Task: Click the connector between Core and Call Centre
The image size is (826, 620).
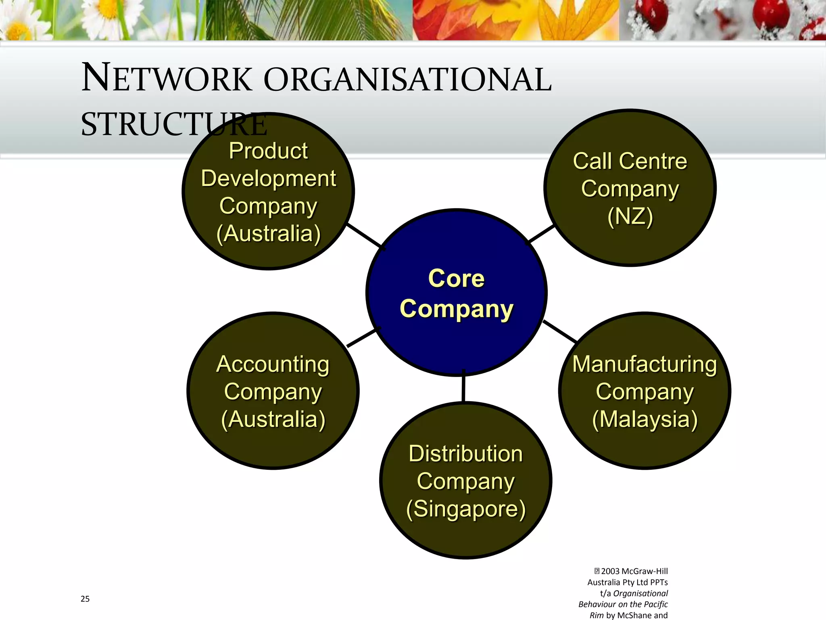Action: click(x=541, y=233)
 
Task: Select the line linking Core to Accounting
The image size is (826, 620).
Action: click(x=362, y=338)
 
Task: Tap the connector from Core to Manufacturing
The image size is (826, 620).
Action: click(x=560, y=331)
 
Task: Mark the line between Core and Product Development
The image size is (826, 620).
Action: click(x=364, y=235)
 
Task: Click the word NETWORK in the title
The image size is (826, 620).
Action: click(x=167, y=79)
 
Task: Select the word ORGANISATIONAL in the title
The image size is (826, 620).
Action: click(x=407, y=80)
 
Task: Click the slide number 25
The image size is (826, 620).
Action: click(x=85, y=599)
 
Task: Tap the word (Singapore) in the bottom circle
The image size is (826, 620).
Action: click(x=466, y=509)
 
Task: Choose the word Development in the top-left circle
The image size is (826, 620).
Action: click(x=268, y=178)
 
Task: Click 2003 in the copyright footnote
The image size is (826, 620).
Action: click(x=610, y=571)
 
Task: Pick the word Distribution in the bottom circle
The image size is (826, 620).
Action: click(x=465, y=453)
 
